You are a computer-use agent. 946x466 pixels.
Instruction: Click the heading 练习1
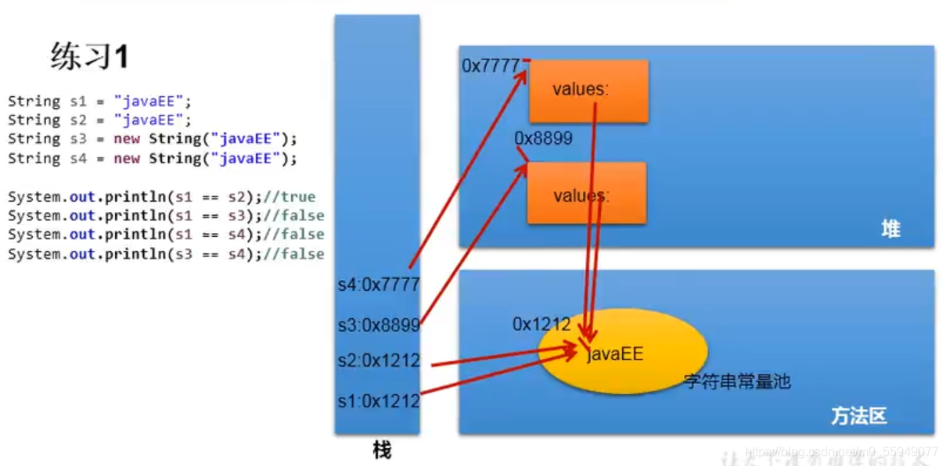88,57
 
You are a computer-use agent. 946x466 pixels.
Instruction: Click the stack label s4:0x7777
378,285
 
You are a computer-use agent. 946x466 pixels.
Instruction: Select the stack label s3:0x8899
378,324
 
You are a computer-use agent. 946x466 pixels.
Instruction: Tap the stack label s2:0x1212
378,361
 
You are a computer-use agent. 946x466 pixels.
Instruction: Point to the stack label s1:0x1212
378,401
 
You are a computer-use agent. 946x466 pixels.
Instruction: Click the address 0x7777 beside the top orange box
491,66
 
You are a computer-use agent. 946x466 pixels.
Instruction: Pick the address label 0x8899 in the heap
543,138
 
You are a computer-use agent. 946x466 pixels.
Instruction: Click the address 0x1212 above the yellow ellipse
541,324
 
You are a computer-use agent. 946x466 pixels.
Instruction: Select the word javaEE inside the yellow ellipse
615,354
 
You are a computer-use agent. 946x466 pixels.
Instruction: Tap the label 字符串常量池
737,382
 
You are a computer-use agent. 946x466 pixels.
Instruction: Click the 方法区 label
858,416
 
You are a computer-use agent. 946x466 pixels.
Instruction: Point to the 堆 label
890,229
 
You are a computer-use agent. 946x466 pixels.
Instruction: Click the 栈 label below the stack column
381,450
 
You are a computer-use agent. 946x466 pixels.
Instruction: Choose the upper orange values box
588,91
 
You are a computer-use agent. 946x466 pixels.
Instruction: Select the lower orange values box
587,193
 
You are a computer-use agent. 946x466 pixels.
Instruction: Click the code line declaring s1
99,101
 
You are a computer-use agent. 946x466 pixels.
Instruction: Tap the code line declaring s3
153,139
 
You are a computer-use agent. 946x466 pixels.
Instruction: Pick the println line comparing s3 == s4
165,254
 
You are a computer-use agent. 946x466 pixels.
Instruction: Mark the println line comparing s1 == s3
165,216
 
